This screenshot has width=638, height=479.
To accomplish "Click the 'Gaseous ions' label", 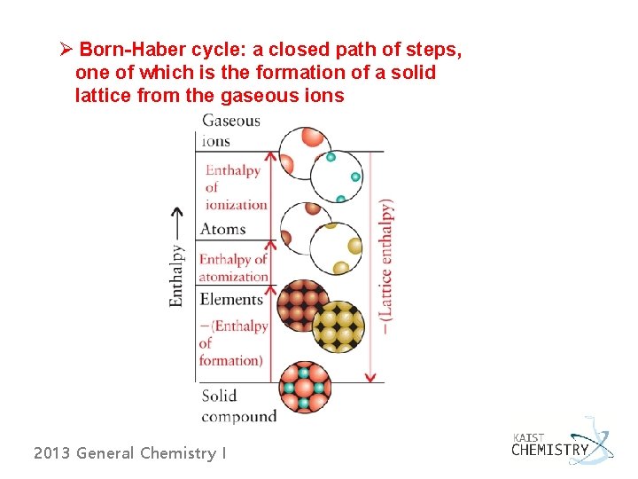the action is coord(230,130).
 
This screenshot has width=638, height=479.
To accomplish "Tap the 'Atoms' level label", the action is coord(222,229).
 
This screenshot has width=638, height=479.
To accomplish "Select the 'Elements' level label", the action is coord(231,299).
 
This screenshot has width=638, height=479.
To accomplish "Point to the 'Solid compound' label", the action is coord(238,405).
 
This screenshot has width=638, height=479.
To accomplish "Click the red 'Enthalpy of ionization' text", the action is coord(236,187).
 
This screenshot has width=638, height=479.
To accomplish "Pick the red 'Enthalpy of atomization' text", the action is coord(232,267).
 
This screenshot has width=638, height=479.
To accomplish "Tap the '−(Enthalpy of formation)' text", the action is coord(233,342).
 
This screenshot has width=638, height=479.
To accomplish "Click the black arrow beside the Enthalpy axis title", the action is coord(177,223).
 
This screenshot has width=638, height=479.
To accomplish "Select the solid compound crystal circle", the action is coord(305,388).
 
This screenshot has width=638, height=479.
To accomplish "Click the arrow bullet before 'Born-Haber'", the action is coord(65,48).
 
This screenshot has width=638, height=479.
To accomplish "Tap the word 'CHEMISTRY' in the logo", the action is coord(549,450).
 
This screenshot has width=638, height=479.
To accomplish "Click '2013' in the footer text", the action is coord(51,453).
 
